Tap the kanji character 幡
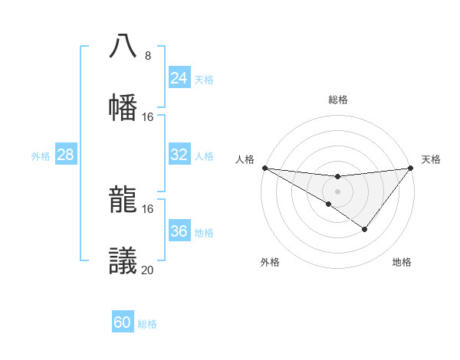pyautogui.click(x=123, y=106)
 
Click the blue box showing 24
pyautogui.click(x=179, y=78)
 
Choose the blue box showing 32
pyautogui.click(x=179, y=155)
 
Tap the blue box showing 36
pyautogui.click(x=179, y=231)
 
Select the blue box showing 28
pyautogui.click(x=65, y=155)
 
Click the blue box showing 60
pyautogui.click(x=122, y=322)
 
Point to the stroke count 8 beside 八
pyautogui.click(x=147, y=55)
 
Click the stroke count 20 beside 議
pyautogui.click(x=147, y=270)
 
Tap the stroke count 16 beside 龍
pyautogui.click(x=147, y=208)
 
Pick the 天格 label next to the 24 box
pyautogui.click(x=204, y=79)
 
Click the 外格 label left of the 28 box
pyautogui.click(x=41, y=155)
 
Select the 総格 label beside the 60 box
pyautogui.click(x=147, y=324)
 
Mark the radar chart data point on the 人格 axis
pyautogui.click(x=264, y=168)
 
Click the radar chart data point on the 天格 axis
pyautogui.click(x=410, y=168)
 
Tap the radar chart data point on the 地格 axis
pyautogui.click(x=365, y=229)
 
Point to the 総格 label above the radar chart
pyautogui.click(x=337, y=100)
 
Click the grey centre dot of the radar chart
pyautogui.click(x=337, y=191)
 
